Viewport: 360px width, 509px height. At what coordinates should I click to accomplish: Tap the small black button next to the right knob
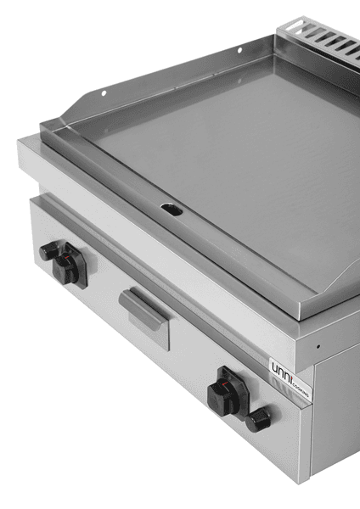point(261,417)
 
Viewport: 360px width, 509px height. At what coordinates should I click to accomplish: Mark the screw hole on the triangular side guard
point(103,92)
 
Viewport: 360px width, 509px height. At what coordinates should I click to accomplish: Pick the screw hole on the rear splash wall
point(239,52)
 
